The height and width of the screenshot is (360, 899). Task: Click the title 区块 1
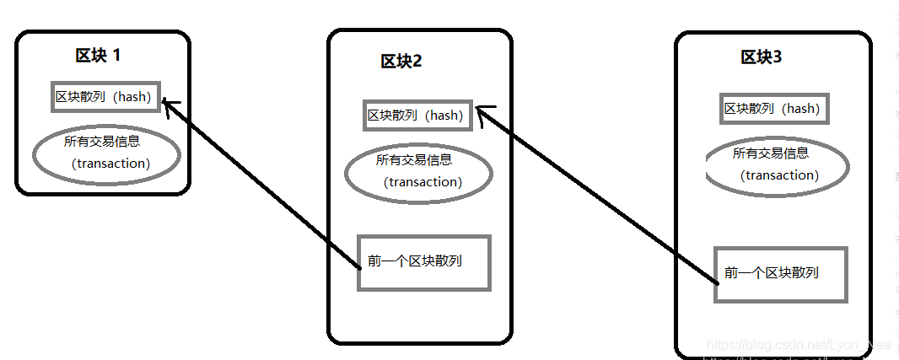[98, 56]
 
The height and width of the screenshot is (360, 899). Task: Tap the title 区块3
[761, 57]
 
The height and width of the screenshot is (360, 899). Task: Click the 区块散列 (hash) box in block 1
[104, 97]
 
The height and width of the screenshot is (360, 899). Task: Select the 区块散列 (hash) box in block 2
[416, 116]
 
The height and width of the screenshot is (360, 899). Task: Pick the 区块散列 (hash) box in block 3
[772, 109]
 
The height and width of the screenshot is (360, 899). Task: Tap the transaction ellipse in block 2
[418, 172]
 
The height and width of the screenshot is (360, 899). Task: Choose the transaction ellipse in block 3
[776, 166]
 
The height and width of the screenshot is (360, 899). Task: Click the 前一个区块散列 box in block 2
[423, 262]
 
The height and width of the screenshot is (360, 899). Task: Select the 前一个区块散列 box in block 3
[780, 274]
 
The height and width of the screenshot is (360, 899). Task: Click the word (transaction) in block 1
[111, 164]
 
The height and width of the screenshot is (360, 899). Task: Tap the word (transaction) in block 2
[423, 182]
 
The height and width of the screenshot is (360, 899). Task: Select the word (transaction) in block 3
[779, 175]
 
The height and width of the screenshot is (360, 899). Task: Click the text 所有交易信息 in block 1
[102, 142]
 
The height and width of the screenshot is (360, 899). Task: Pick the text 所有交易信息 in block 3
[771, 153]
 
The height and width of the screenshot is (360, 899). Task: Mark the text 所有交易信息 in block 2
[414, 160]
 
